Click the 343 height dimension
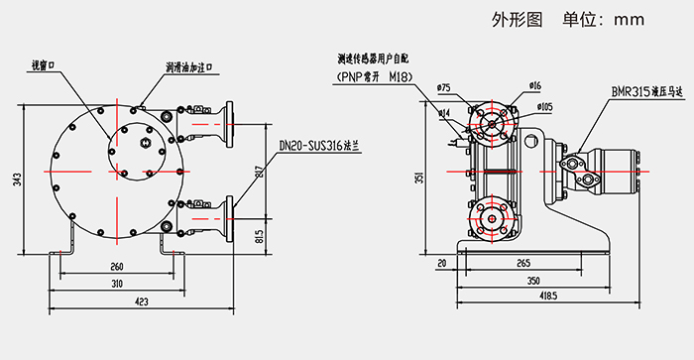click(17, 180)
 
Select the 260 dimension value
click(117, 267)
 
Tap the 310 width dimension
click(117, 284)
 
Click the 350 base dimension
click(532, 281)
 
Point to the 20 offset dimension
click(440, 264)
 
